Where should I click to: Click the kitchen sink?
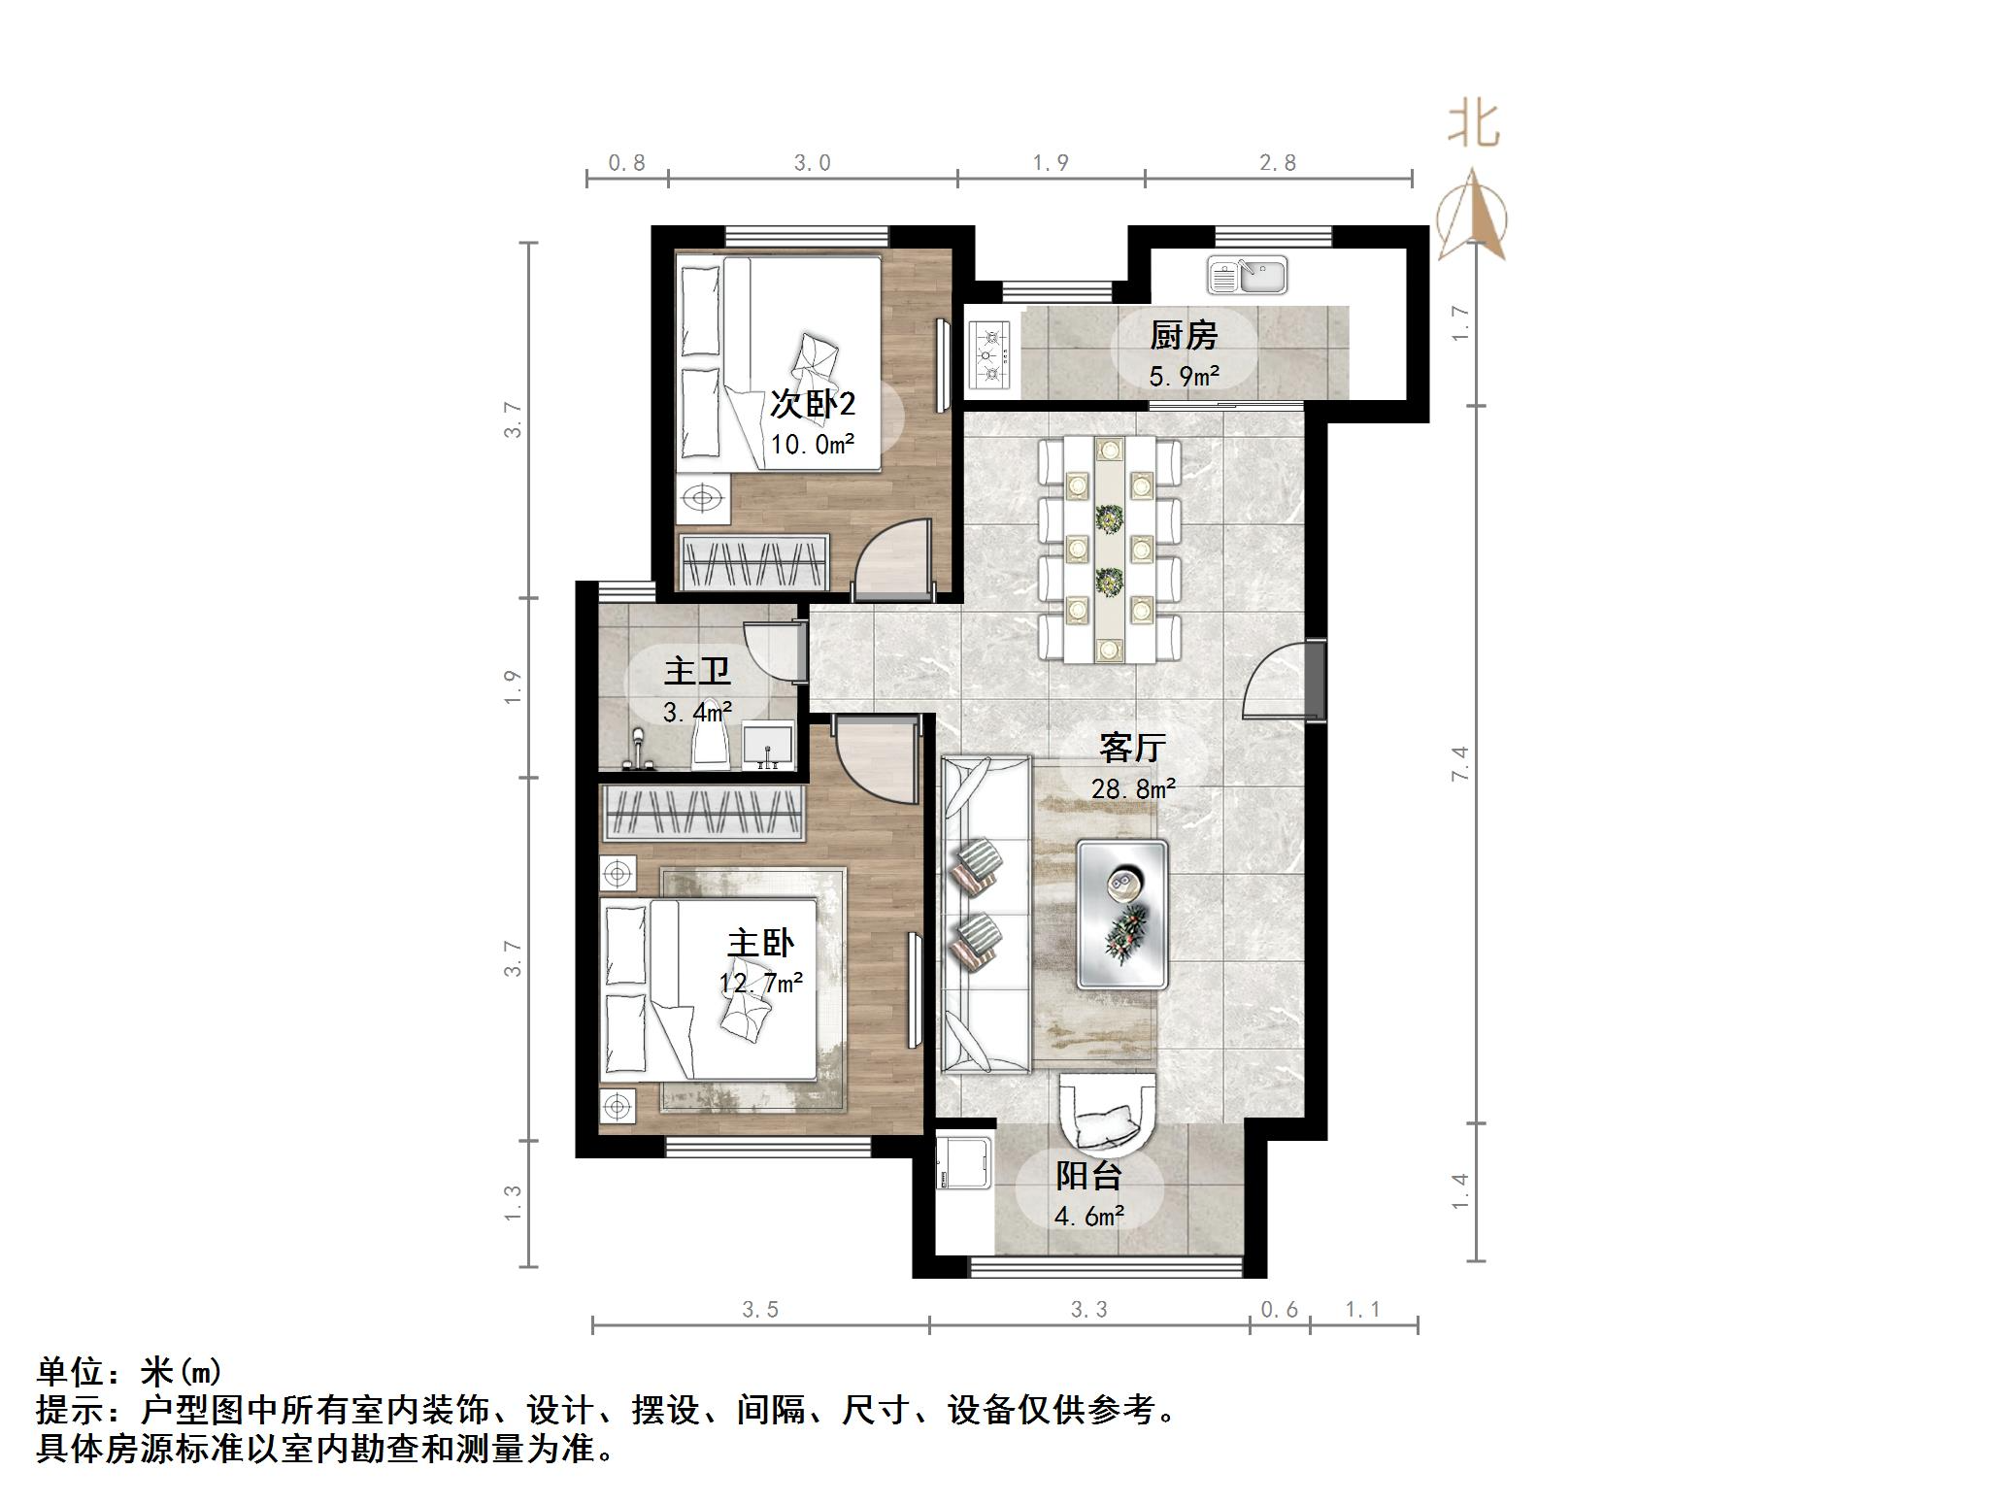[x=1247, y=276]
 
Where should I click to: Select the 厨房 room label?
[x=1183, y=336]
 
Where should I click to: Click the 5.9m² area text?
[x=1183, y=376]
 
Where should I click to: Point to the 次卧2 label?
[x=812, y=404]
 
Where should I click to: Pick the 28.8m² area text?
[x=1132, y=788]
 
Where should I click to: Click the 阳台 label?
[x=1088, y=1176]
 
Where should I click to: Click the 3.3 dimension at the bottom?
[x=1088, y=1310]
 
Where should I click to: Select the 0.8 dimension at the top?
[x=626, y=163]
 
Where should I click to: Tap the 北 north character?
[x=1473, y=125]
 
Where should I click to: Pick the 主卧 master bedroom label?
[x=760, y=943]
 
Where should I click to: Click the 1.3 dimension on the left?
[x=513, y=1203]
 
